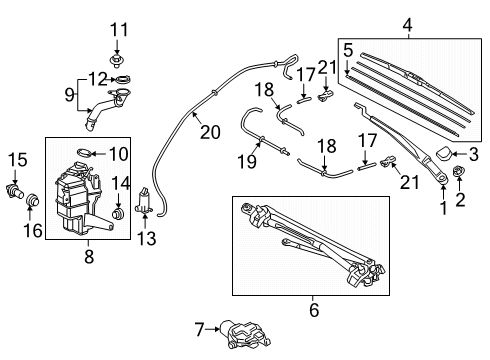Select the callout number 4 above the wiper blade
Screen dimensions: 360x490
[406, 24]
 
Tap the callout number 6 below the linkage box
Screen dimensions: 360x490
[313, 311]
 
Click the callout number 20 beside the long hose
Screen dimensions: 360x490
[209, 130]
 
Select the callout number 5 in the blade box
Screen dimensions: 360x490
[347, 49]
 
